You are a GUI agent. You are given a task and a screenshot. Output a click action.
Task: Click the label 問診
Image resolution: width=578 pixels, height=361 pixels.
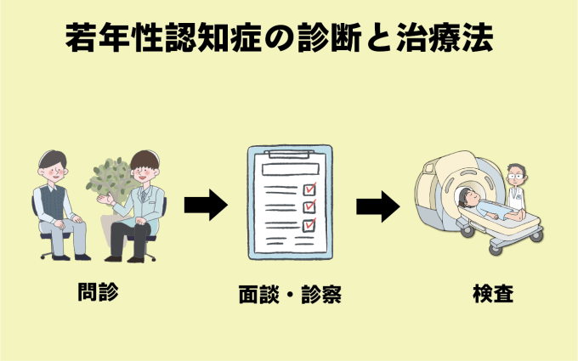(x=95, y=292)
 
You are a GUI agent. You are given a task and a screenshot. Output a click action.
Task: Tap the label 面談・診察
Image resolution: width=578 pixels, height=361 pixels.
(x=291, y=296)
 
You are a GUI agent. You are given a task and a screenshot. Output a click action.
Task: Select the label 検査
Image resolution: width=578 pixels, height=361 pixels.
(x=492, y=294)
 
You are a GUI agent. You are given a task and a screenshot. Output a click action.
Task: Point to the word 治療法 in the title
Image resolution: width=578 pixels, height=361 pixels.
(x=450, y=38)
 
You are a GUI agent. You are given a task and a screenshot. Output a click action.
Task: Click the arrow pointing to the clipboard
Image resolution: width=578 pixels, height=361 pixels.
(x=205, y=206)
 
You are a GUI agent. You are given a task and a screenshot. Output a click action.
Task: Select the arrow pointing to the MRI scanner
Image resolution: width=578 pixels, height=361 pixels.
(x=377, y=206)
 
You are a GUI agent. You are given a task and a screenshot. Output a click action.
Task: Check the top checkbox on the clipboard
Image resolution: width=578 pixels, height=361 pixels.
(x=309, y=189)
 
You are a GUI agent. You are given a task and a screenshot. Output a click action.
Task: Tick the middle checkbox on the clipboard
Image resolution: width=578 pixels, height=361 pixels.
(x=309, y=206)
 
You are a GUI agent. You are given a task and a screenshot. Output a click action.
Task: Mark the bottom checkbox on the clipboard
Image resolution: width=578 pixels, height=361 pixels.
(x=309, y=225)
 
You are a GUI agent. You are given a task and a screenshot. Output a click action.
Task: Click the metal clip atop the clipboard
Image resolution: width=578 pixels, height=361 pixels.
(x=289, y=154)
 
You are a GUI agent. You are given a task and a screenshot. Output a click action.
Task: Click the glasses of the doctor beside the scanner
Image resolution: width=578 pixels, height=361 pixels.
(x=515, y=177)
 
